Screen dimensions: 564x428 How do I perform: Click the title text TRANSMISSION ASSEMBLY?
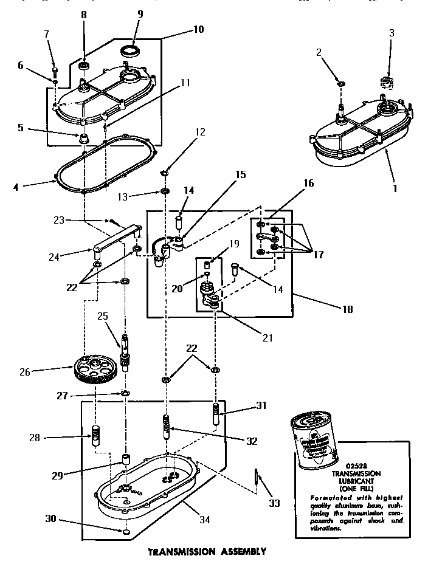207,551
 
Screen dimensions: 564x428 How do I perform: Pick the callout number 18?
347,309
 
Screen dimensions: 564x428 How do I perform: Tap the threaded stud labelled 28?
95,435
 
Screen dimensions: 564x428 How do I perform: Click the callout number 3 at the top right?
392,33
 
